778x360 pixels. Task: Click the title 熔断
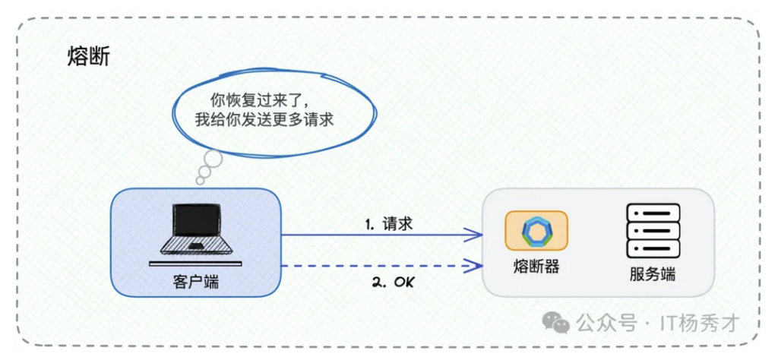click(x=88, y=58)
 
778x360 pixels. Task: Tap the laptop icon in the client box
click(x=195, y=232)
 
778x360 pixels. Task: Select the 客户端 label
click(x=196, y=282)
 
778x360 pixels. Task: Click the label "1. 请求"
click(x=389, y=223)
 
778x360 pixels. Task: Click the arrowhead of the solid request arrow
click(x=475, y=235)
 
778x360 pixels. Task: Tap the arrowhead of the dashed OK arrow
click(x=475, y=266)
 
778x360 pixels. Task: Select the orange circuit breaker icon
click(x=536, y=231)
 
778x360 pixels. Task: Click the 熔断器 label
click(x=536, y=267)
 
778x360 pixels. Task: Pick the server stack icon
click(x=653, y=231)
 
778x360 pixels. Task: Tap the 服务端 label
click(x=653, y=274)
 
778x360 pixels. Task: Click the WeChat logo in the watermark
click(x=555, y=323)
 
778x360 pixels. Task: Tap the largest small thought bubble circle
click(x=213, y=159)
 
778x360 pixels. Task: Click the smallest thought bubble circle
click(x=200, y=181)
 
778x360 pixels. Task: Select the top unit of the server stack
click(x=653, y=212)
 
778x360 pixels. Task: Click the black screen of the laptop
click(x=196, y=220)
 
